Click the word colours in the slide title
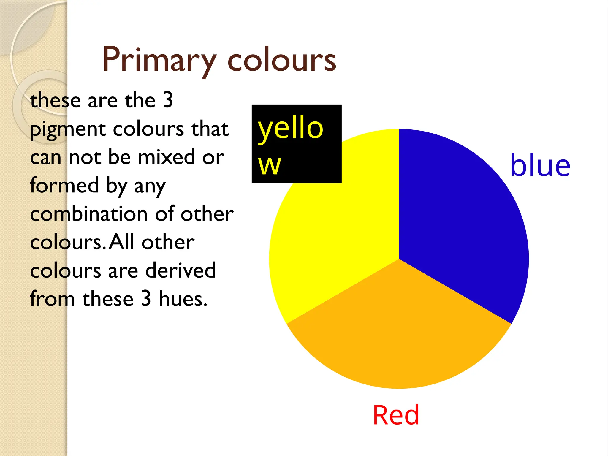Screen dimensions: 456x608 coord(282,60)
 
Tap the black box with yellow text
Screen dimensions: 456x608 coord(296,144)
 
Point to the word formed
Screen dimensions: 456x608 coord(64,185)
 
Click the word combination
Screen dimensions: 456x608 coord(89,214)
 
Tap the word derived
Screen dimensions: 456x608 coord(180,270)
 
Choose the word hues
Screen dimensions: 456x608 coord(183,299)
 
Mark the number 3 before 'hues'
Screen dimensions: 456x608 coord(146,299)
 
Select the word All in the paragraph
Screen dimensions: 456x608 coord(121,242)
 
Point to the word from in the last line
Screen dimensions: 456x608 coord(52,299)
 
